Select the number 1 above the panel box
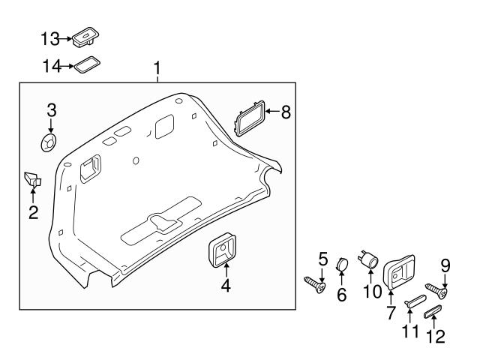point(157,69)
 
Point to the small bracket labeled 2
point(32,179)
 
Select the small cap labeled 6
point(341,265)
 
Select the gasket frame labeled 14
point(87,66)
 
